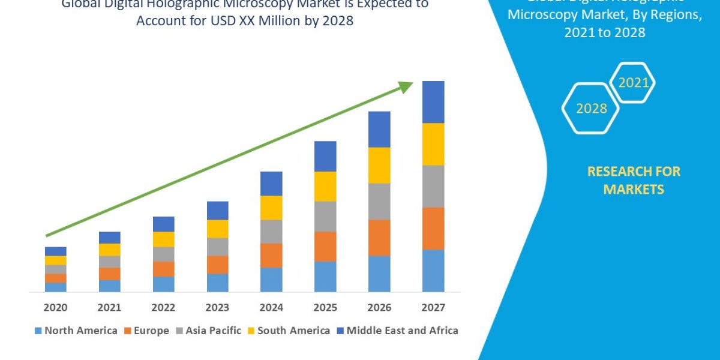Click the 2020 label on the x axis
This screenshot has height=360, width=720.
tap(55, 308)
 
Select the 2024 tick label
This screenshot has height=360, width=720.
tap(271, 308)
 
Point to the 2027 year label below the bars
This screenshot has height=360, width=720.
tap(433, 308)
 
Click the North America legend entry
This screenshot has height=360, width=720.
tap(76, 331)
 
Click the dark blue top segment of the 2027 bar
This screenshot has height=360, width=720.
tap(433, 102)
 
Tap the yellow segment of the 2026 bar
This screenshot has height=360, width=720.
tap(379, 165)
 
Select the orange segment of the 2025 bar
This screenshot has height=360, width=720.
tap(325, 246)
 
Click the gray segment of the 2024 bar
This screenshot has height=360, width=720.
tap(271, 231)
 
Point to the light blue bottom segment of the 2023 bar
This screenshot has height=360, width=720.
tap(217, 283)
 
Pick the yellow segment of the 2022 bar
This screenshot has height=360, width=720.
tap(163, 239)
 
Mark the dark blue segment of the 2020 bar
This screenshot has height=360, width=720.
tap(55, 251)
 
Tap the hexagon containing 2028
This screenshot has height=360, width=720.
tap(590, 109)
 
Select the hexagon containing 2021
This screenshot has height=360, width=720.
tap(632, 83)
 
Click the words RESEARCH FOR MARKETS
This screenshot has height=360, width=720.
tap(634, 180)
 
